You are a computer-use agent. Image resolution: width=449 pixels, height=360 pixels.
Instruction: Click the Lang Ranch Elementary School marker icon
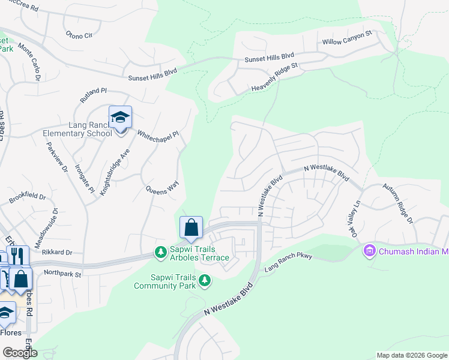point(120,116)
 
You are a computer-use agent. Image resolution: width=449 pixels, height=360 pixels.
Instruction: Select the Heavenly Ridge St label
point(274,79)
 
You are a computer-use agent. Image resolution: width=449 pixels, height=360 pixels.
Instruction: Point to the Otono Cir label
point(79,35)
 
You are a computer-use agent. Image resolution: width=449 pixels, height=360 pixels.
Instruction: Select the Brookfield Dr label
point(28,197)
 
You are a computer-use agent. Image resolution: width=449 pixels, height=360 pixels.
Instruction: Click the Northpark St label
point(62,273)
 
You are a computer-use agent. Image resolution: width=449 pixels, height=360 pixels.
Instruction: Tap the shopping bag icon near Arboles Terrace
point(191,228)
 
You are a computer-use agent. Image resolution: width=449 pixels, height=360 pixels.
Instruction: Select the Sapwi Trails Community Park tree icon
point(205,280)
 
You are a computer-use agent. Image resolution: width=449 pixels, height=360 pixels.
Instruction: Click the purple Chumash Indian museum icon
point(370,251)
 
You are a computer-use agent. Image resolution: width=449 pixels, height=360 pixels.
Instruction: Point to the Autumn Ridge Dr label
point(402,212)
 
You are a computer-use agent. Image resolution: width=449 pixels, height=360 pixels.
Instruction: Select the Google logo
point(20,352)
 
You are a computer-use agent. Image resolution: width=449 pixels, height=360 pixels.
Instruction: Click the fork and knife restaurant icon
point(16,256)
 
